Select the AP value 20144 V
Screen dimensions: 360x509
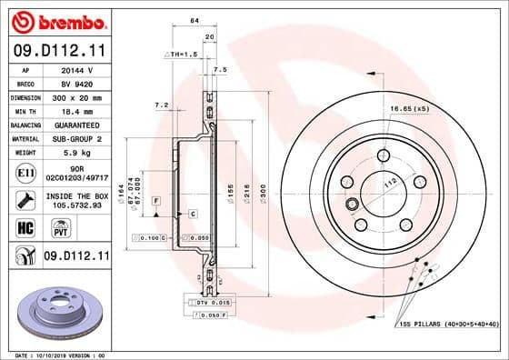click(x=74, y=68)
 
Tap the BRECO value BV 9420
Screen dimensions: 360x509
click(x=74, y=82)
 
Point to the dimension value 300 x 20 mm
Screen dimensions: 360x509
click(x=75, y=96)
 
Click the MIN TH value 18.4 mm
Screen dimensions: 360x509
click(x=74, y=110)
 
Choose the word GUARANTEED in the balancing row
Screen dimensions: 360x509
click(x=75, y=125)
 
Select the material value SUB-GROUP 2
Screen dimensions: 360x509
click(x=75, y=138)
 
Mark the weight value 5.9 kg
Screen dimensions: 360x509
click(x=74, y=153)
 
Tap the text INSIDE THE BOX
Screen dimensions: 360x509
click(x=75, y=195)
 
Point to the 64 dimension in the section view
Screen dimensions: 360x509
click(x=194, y=21)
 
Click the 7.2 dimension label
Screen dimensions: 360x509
click(x=162, y=105)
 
